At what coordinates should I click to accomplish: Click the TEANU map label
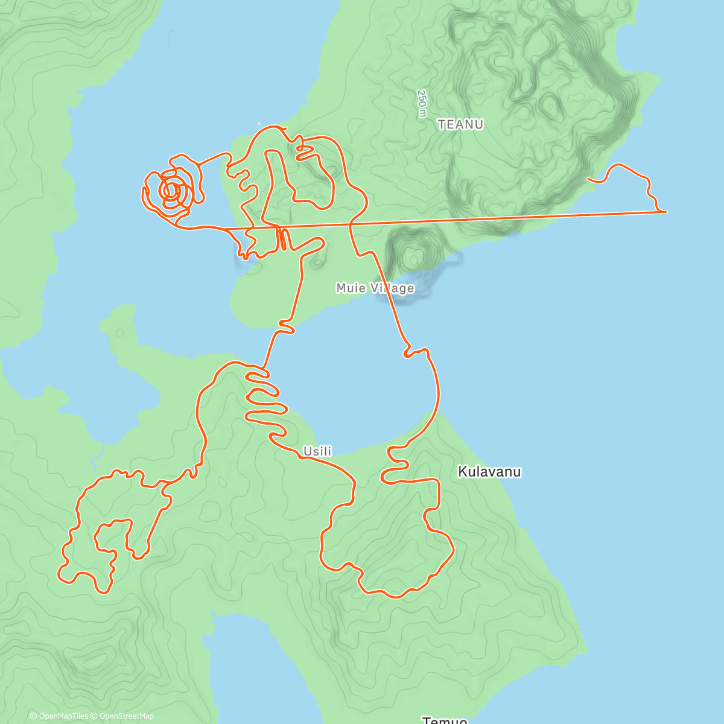click(460, 124)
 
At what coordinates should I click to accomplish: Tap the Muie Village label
click(375, 288)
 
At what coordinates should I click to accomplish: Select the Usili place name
click(317, 451)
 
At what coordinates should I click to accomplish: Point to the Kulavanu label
click(489, 472)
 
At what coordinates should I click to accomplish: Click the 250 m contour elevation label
click(422, 103)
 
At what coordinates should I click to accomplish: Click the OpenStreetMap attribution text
click(127, 716)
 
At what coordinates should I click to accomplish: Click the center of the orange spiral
click(171, 191)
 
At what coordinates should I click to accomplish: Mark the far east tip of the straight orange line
click(666, 212)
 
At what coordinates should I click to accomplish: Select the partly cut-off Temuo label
click(445, 720)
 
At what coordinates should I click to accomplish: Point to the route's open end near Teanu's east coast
click(588, 179)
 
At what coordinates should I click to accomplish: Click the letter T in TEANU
click(442, 124)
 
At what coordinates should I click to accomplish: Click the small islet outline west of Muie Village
click(316, 262)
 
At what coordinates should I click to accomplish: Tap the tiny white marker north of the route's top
click(259, 121)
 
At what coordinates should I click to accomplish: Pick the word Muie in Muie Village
click(351, 288)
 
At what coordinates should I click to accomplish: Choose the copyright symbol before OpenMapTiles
click(34, 716)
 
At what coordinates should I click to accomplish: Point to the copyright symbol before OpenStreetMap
click(94, 716)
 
